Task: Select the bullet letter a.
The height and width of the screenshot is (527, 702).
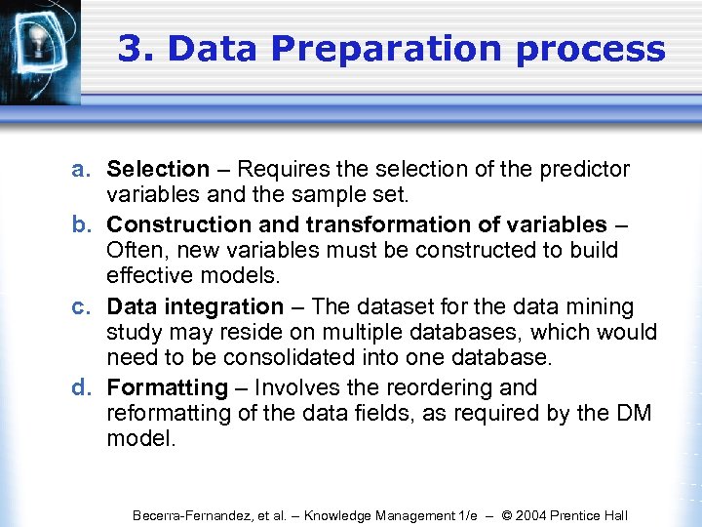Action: pos(81,170)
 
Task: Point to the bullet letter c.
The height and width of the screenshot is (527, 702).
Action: pos(81,306)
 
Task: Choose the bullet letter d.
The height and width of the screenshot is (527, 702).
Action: pos(81,388)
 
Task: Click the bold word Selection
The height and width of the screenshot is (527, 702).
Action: pos(158,170)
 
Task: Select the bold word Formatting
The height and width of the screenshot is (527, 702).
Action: pos(166,388)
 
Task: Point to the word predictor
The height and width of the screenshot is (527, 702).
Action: pos(586,170)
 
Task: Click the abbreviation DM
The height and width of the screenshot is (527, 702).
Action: pos(634,413)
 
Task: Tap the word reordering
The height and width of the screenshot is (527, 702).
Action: pos(444,388)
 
